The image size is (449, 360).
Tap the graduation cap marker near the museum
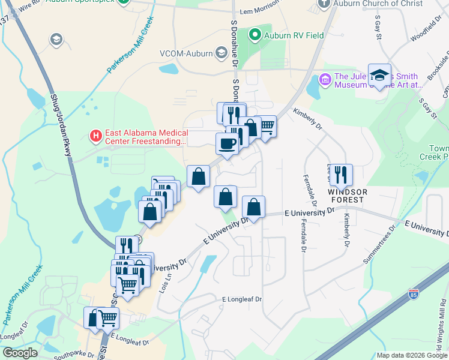(379, 75)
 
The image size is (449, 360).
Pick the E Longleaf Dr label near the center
(243, 299)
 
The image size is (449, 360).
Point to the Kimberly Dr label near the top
(308, 118)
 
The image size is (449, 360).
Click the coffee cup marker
(227, 144)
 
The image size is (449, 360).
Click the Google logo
(20, 353)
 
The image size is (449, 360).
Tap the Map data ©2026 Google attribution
(411, 355)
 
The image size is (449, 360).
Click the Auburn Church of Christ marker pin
(324, 4)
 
